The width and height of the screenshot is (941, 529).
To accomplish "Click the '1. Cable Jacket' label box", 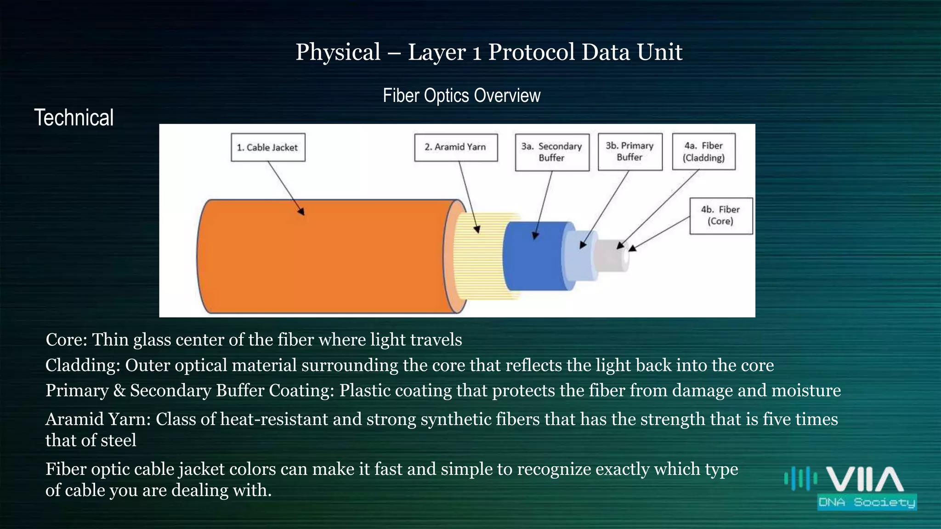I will [268, 147].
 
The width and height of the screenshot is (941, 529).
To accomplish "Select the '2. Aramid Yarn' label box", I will [455, 147].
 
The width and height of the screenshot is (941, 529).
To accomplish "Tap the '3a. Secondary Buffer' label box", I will [552, 152].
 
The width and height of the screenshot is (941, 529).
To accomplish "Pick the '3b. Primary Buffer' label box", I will [630, 152].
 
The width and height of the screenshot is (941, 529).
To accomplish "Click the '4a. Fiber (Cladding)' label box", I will [703, 152].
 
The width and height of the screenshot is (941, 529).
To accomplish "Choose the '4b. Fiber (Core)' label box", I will [720, 215].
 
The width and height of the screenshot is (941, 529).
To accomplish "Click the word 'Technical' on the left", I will [74, 118].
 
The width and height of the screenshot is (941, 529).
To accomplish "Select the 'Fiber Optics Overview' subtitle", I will [461, 96].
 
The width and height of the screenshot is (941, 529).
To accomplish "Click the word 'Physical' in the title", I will [338, 52].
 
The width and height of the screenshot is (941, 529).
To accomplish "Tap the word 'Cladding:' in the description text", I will [83, 366].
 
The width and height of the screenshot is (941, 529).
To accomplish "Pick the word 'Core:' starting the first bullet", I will [66, 340].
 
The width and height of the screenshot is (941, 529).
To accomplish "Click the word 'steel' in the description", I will [119, 440].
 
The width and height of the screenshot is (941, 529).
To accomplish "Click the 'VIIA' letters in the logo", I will [865, 479].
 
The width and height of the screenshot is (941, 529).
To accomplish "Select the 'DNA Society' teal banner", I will [867, 502].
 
